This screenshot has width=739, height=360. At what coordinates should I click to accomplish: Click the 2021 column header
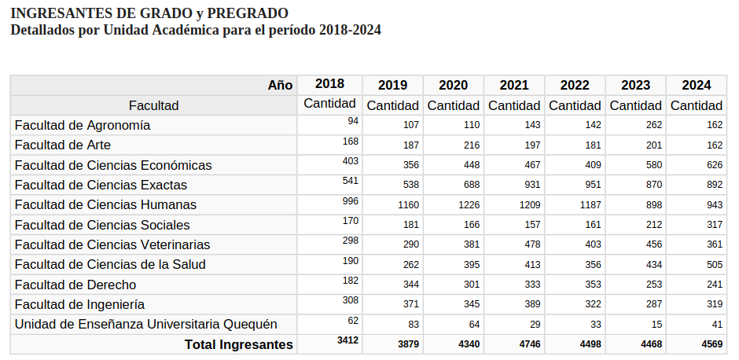click(x=514, y=85)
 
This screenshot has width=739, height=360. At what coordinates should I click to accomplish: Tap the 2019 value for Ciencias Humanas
click(x=408, y=205)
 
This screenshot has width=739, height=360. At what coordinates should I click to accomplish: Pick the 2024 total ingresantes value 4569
click(x=707, y=345)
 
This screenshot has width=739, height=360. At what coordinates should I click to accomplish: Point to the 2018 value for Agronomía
click(x=353, y=121)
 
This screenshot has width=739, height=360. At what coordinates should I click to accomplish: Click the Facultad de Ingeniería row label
click(x=79, y=304)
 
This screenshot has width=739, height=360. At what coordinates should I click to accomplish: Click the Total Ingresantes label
click(x=238, y=345)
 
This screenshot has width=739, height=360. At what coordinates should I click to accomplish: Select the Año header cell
click(x=280, y=85)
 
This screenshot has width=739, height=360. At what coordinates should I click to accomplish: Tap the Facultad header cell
click(x=154, y=105)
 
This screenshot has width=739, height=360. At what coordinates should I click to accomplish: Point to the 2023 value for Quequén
click(x=656, y=325)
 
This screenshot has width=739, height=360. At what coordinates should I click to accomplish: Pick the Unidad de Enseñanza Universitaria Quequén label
click(x=145, y=325)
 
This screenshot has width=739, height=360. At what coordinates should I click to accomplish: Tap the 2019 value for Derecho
click(x=408, y=285)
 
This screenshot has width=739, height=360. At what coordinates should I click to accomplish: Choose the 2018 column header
click(x=329, y=84)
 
